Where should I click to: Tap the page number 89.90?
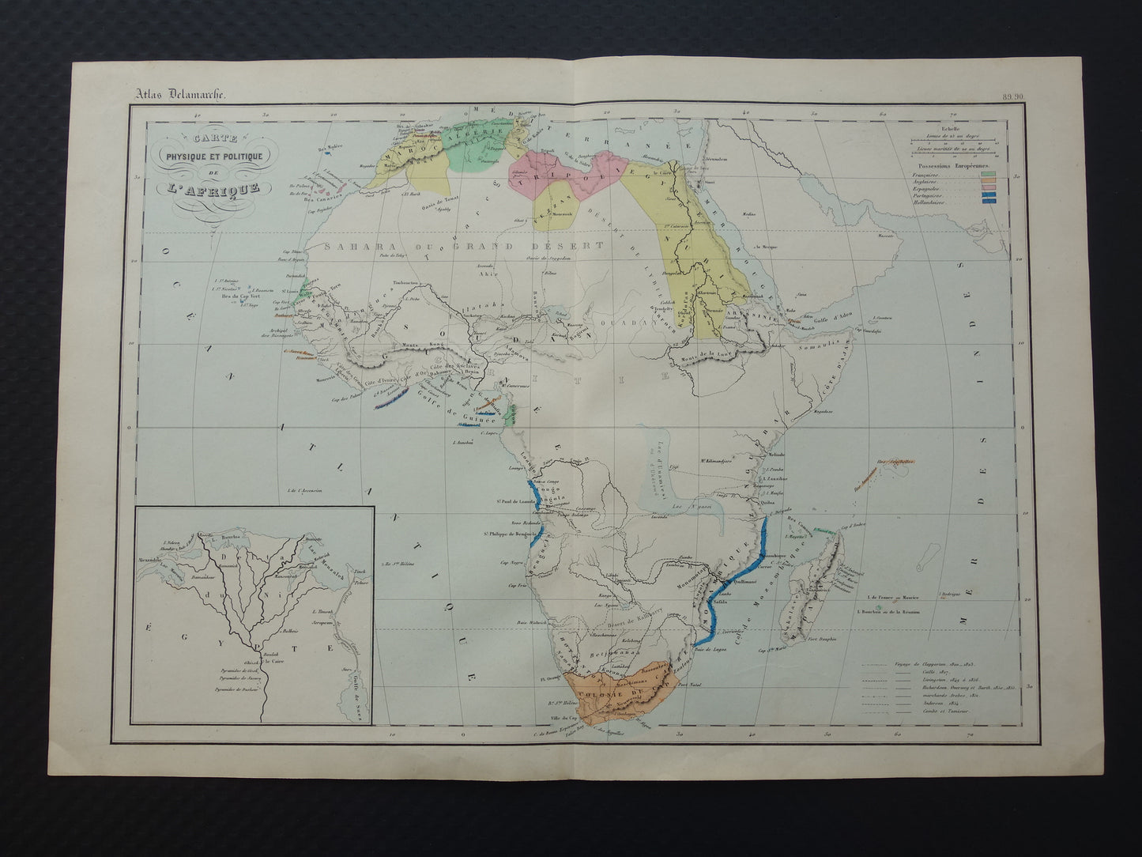[1014, 97]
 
